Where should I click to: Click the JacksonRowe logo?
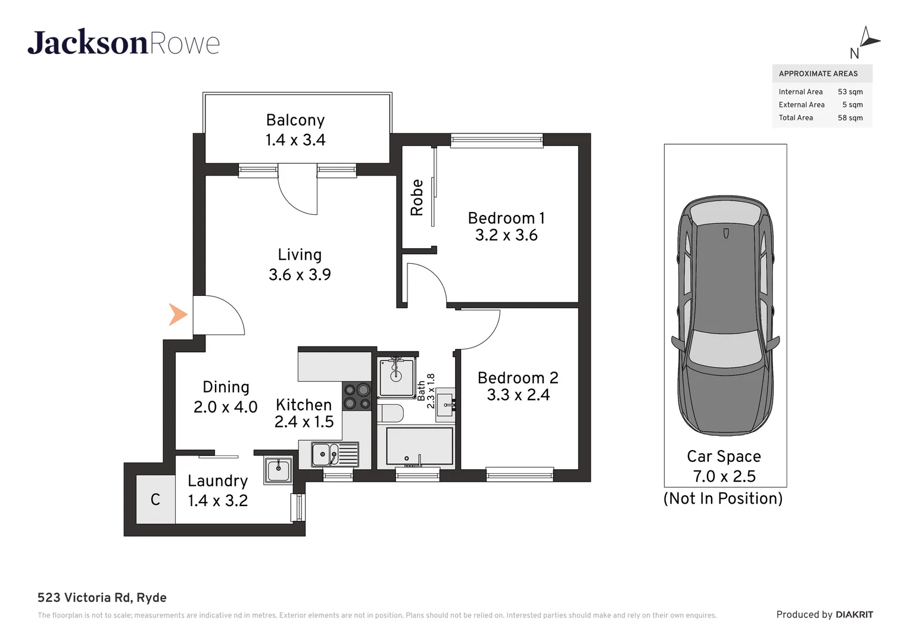(123, 43)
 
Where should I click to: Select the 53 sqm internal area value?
(850, 92)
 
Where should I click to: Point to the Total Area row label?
(796, 118)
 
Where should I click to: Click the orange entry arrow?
(177, 314)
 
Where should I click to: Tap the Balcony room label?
(295, 120)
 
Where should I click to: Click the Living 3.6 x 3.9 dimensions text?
(300, 274)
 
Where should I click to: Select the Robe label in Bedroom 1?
(417, 198)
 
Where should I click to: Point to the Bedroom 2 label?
(518, 378)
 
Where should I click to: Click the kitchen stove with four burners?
(357, 397)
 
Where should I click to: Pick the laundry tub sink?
(278, 470)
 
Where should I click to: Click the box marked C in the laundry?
(155, 500)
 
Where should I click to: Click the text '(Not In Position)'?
(723, 498)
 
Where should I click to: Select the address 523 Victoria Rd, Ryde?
(102, 598)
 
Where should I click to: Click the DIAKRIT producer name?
(854, 614)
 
